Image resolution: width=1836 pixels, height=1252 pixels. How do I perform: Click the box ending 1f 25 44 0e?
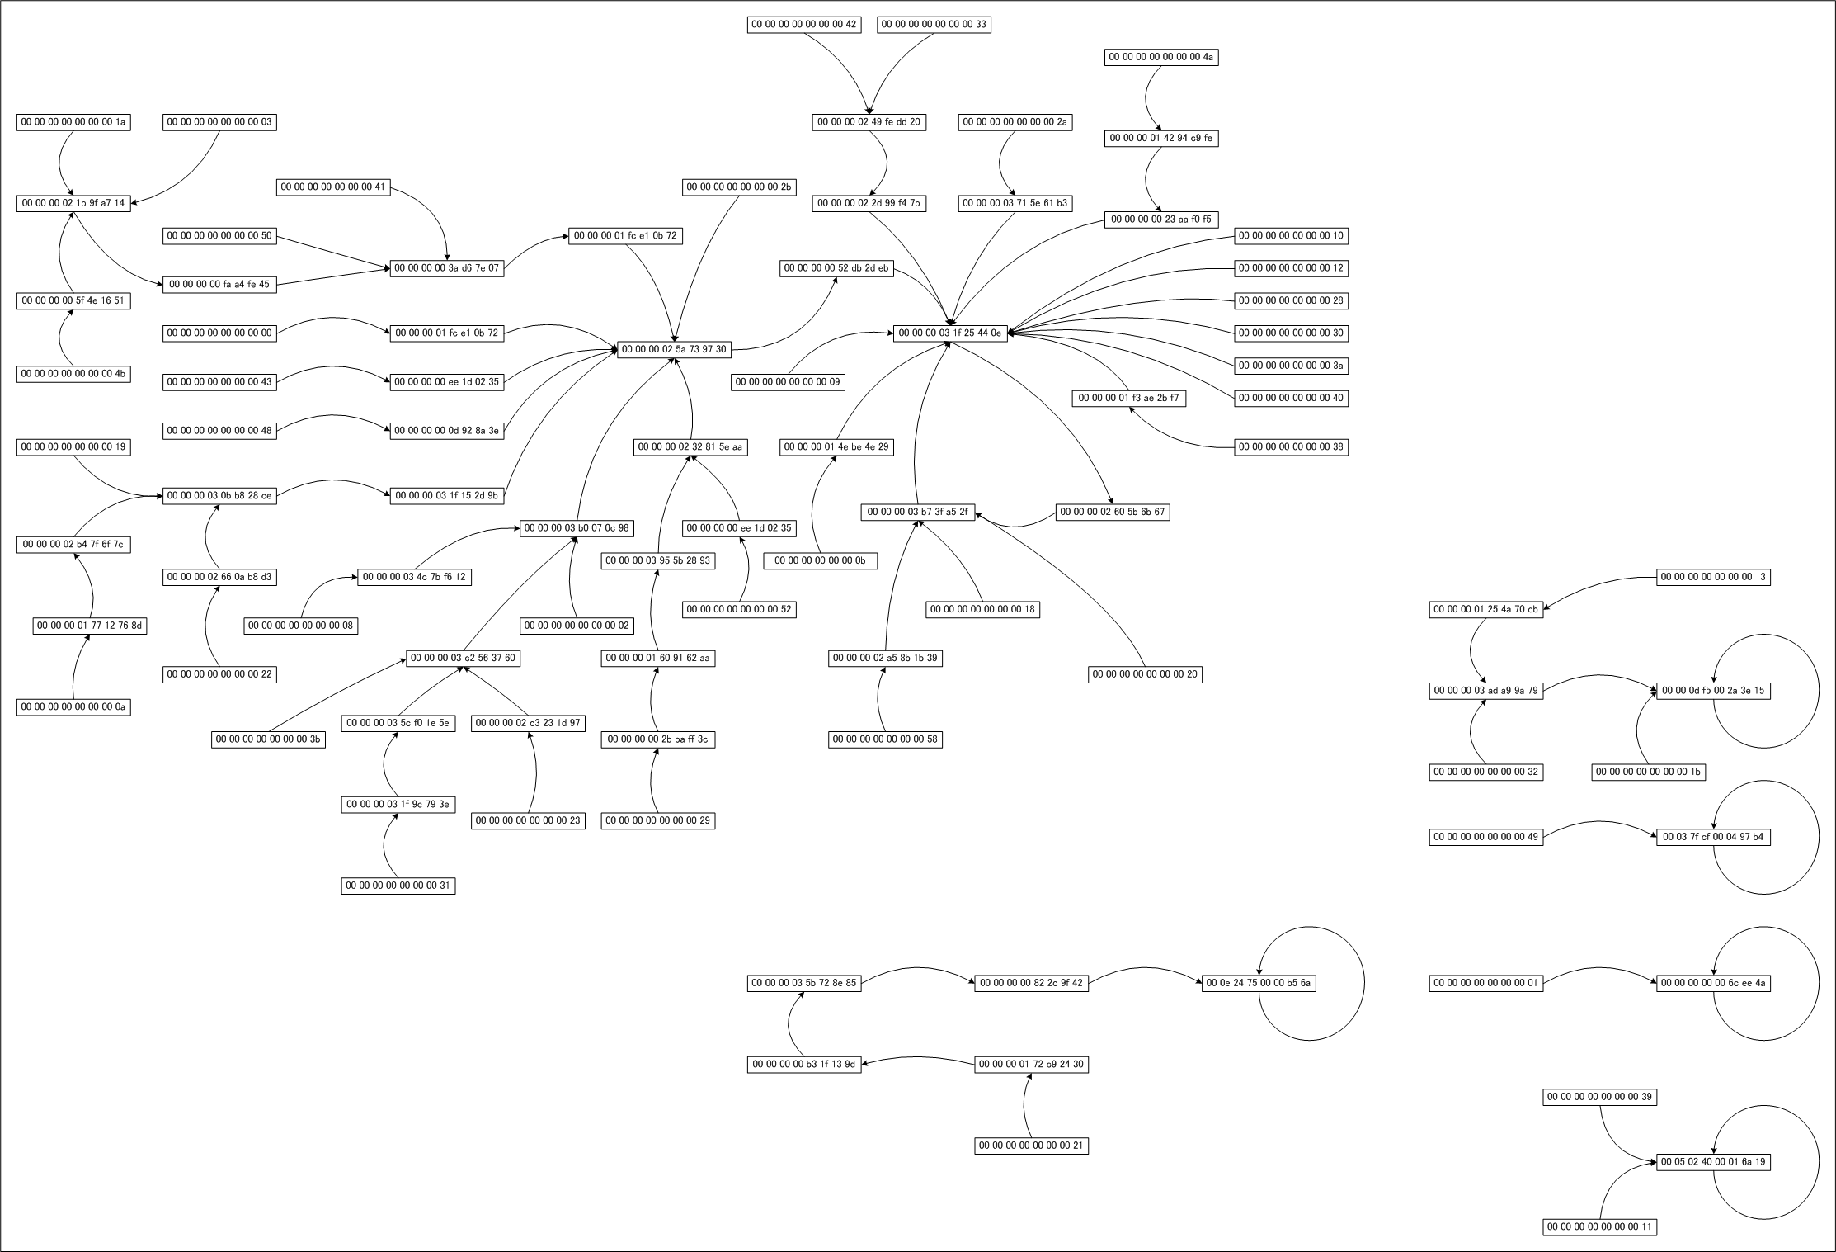coord(949,333)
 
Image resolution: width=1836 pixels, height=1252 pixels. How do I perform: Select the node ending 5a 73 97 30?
coord(674,349)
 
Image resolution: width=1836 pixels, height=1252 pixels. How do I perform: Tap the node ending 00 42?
coord(804,25)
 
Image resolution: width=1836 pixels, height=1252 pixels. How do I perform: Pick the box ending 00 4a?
coord(1161,57)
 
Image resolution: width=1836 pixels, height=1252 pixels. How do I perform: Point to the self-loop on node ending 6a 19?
coord(1818,1161)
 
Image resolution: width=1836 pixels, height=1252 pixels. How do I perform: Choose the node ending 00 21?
coord(1031,1146)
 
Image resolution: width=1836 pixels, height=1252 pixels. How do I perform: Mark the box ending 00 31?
coord(398,886)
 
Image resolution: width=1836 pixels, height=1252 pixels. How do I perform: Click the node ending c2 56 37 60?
coord(463,658)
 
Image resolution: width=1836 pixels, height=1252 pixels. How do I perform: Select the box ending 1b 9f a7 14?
coord(73,203)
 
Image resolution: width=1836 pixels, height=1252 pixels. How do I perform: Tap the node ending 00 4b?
coord(73,373)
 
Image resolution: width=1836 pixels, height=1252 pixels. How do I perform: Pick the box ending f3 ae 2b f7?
coord(1128,398)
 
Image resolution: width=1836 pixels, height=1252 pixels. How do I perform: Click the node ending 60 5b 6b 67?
coord(1113,512)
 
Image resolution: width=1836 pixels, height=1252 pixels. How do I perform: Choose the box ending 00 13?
coord(1713,576)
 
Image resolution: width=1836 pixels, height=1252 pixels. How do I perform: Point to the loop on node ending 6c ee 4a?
coord(1818,982)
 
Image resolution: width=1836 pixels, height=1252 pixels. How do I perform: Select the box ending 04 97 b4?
coord(1713,837)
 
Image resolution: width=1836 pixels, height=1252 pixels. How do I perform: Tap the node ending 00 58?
coord(885,739)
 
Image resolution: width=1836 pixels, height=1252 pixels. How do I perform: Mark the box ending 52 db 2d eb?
coord(836,268)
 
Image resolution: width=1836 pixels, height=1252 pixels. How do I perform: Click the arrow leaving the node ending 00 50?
coord(333,252)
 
